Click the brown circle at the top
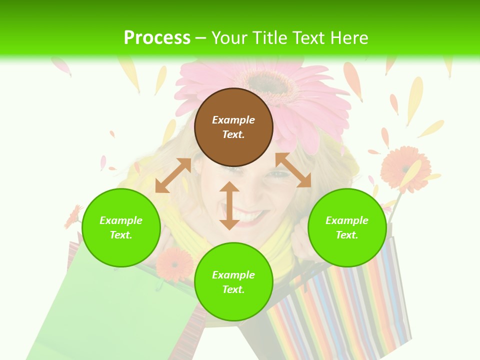pyautogui.click(x=233, y=127)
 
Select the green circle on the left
pyautogui.click(x=121, y=227)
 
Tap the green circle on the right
pyautogui.click(x=347, y=227)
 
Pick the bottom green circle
pyautogui.click(x=233, y=282)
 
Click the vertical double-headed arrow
pyautogui.click(x=229, y=205)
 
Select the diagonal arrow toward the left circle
pyautogui.click(x=173, y=175)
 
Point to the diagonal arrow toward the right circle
pyautogui.click(x=293, y=170)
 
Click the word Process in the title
pyautogui.click(x=157, y=37)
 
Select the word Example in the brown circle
pyautogui.click(x=233, y=120)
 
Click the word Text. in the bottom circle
pyautogui.click(x=233, y=289)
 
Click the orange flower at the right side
pyautogui.click(x=404, y=169)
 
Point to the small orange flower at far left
pyautogui.click(x=73, y=216)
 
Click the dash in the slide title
pyautogui.click(x=201, y=38)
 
